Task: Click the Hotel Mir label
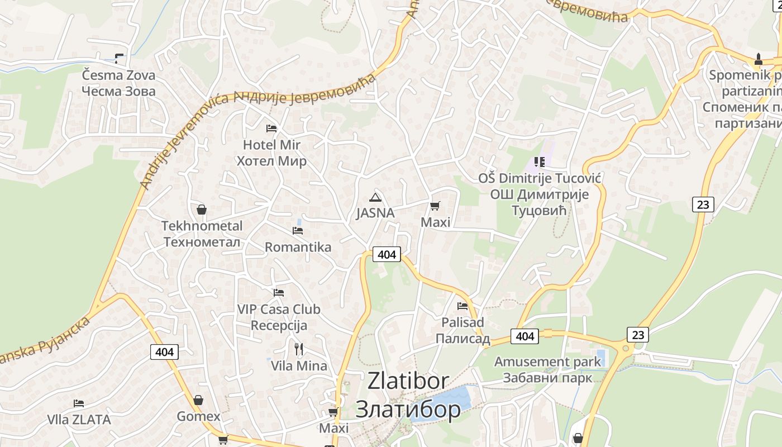pos(271,145)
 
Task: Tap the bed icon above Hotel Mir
pos(271,129)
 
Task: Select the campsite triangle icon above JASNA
pos(375,197)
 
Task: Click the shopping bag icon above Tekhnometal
pos(202,210)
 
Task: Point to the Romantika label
pos(298,247)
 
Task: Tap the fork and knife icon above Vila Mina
pos(299,349)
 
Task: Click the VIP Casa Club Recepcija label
pos(279,317)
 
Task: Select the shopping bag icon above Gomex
pos(198,400)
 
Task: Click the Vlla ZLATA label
pos(79,419)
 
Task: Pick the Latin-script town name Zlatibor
pos(408,381)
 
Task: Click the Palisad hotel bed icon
pos(462,306)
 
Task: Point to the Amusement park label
pos(547,362)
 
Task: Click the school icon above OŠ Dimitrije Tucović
pos(539,162)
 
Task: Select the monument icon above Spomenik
pos(758,58)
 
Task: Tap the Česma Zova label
pos(118,75)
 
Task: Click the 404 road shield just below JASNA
pos(387,254)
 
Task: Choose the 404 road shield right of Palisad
pos(524,336)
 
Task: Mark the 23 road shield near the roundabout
pos(638,335)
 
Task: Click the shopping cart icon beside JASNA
pos(435,206)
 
